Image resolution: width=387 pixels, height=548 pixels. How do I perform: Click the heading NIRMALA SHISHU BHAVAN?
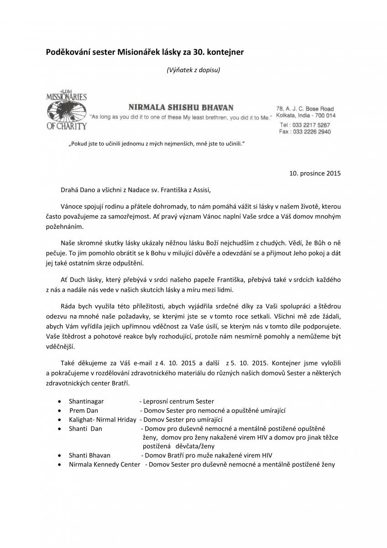pyautogui.click(x=181, y=108)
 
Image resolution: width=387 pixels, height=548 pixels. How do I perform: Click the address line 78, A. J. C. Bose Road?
pyautogui.click(x=305, y=109)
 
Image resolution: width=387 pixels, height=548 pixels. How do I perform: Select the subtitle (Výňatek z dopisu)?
pyautogui.click(x=193, y=70)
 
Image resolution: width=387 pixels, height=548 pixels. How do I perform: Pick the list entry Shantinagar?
pyautogui.click(x=86, y=401)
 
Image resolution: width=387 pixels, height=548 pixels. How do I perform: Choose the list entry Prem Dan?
pyautogui.click(x=84, y=411)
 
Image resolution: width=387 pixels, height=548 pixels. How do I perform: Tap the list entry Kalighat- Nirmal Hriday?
pyautogui.click(x=103, y=420)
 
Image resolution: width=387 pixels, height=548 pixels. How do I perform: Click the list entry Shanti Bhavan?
pyautogui.click(x=89, y=455)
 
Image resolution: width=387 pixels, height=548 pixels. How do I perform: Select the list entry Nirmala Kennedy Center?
pyautogui.click(x=105, y=464)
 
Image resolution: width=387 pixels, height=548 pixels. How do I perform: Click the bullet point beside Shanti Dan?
pyautogui.click(x=60, y=429)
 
